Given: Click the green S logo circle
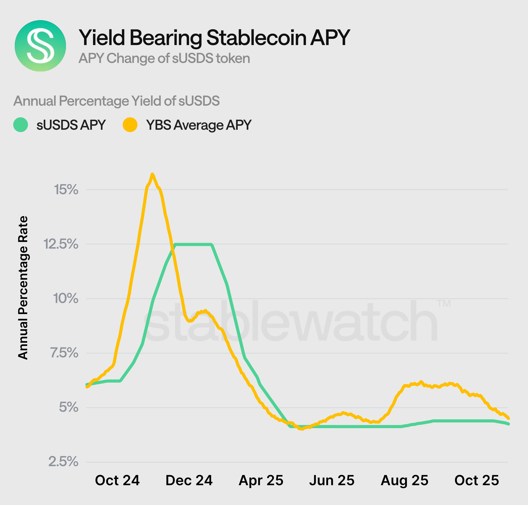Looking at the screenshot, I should [x=40, y=46].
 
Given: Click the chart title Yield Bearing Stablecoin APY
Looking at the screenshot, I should [x=214, y=38].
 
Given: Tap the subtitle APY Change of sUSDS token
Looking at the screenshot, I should [x=164, y=58].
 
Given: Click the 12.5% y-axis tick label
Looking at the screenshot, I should [x=61, y=244].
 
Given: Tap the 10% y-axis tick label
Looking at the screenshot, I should [x=66, y=299].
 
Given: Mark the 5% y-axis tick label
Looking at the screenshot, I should [x=69, y=407].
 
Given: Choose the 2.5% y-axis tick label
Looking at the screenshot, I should [x=63, y=462].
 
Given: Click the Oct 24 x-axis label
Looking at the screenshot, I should [x=117, y=481].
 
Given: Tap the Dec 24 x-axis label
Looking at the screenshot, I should [x=189, y=481].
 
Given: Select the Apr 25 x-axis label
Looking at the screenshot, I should [x=261, y=481].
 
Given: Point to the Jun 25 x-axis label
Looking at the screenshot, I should [x=332, y=481].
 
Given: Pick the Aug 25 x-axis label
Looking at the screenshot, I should [x=405, y=481].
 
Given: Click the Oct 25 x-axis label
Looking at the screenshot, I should [x=477, y=481].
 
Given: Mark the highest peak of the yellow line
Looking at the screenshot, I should [x=152, y=174].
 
